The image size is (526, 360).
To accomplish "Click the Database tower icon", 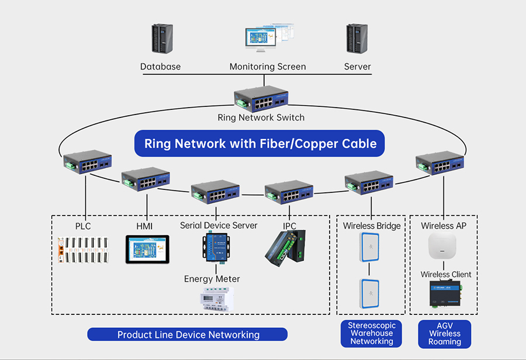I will point(161,40).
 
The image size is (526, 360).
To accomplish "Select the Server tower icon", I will point(357,40).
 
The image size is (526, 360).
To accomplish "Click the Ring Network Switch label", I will point(261,117).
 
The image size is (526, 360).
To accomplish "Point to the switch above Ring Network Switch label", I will point(261,99).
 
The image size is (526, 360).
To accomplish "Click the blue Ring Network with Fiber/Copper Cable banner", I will point(260,143).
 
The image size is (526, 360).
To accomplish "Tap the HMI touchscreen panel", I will point(147,249).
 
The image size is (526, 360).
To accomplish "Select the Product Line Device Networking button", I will point(188,335).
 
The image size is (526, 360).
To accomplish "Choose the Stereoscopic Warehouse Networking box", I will point(372,334).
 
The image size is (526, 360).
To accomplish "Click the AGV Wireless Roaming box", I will point(445,334).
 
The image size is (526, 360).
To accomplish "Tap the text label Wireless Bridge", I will point(372,226).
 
